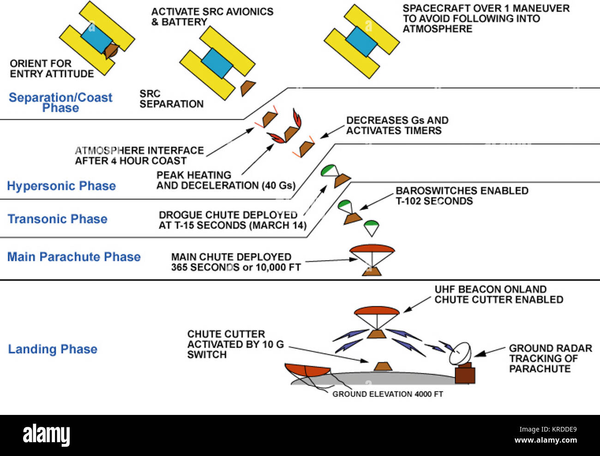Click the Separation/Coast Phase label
[x=60, y=102]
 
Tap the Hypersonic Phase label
[x=61, y=186]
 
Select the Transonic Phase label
[x=58, y=219]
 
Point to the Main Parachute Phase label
[x=74, y=257]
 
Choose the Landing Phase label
[x=53, y=349]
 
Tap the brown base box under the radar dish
[x=465, y=374]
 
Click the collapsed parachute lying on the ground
[x=307, y=371]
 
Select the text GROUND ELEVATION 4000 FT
[x=387, y=394]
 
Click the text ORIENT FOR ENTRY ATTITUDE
[x=51, y=69]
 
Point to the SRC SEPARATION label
[x=171, y=99]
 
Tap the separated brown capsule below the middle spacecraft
[x=247, y=87]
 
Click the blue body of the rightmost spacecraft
[x=361, y=42]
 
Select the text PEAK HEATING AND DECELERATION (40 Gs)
[x=226, y=180]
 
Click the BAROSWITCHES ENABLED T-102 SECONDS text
[x=462, y=196]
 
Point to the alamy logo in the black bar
[x=47, y=435]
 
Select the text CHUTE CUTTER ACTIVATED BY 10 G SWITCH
[x=235, y=344]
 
